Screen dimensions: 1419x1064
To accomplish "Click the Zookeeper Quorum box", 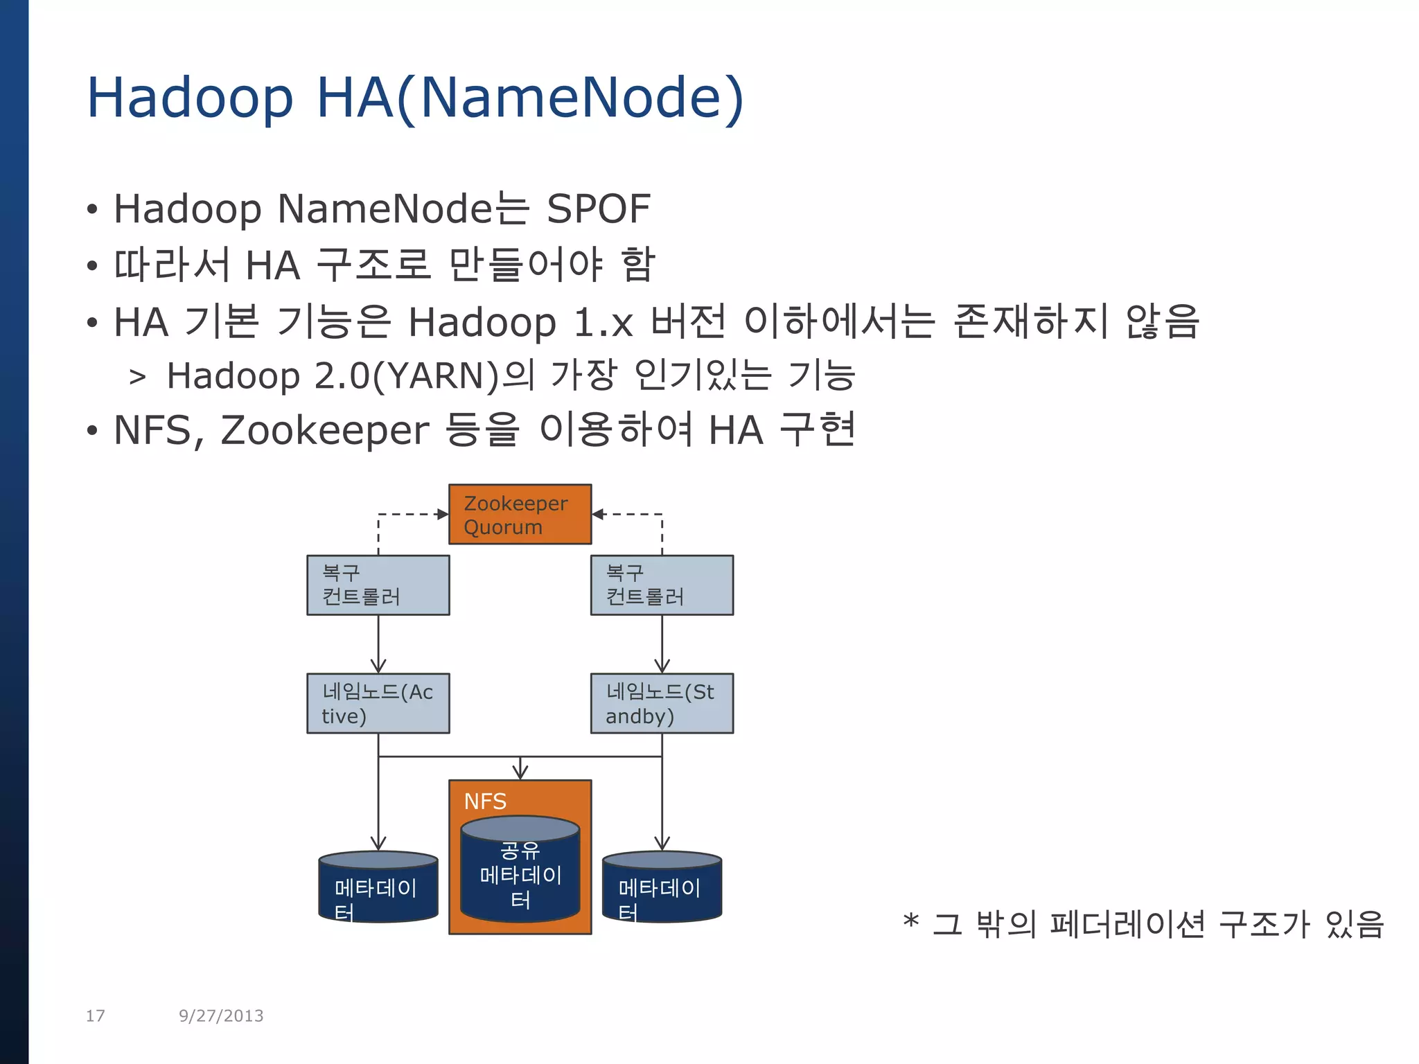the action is (x=520, y=514).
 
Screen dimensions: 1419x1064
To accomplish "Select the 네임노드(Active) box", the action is (x=378, y=703).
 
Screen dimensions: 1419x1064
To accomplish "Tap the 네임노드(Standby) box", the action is (x=662, y=703).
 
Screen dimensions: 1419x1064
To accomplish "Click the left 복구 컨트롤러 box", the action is (x=378, y=585).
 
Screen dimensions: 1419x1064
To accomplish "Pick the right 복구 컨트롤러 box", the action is (x=662, y=585).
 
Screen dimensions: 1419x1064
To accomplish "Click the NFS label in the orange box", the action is (x=485, y=801).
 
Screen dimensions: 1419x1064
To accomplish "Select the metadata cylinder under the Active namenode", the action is (x=378, y=888).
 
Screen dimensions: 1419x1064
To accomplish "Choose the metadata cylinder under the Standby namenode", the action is (x=662, y=888).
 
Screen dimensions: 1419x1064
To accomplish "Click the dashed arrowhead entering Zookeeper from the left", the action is (x=443, y=514).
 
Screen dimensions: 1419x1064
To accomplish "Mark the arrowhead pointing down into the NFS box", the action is (x=520, y=772).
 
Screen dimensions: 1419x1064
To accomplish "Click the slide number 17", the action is (x=95, y=1016).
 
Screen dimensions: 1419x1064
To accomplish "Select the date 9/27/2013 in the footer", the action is (x=221, y=1016).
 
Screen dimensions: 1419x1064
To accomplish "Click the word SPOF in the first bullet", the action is (x=599, y=209).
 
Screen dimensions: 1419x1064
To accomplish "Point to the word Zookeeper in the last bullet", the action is (x=324, y=430).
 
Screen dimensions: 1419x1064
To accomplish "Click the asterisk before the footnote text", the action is (x=910, y=922).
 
